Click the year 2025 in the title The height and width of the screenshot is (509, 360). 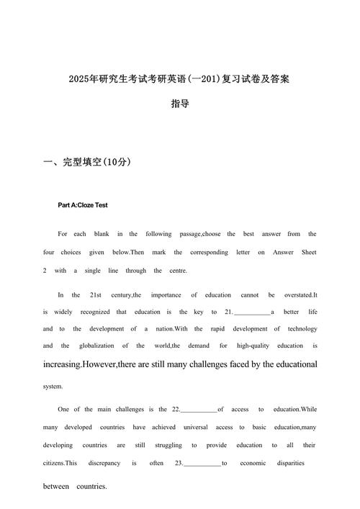79,78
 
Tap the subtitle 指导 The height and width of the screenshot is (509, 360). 180,104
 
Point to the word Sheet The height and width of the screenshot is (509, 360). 307,253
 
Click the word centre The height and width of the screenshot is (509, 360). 176,271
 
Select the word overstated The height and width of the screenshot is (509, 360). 297,295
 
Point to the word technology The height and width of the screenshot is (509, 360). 297,329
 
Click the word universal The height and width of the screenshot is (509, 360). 206,428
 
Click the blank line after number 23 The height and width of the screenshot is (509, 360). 202,464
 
